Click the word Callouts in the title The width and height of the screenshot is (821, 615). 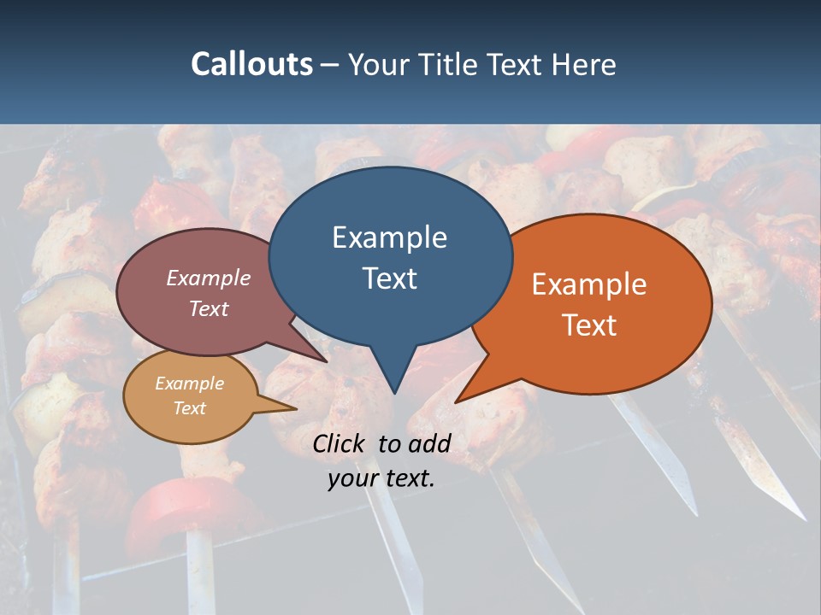251,64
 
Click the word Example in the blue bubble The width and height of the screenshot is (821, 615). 389,237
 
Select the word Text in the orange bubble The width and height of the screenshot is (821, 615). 589,325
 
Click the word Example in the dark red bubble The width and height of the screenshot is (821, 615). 209,278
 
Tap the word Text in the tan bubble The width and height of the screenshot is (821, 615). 190,408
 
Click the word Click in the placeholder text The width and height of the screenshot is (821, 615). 340,443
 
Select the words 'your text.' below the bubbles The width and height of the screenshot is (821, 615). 381,479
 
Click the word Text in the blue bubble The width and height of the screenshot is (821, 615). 390,278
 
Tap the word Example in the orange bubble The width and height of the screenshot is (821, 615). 589,284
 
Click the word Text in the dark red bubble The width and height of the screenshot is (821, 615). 209,308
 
